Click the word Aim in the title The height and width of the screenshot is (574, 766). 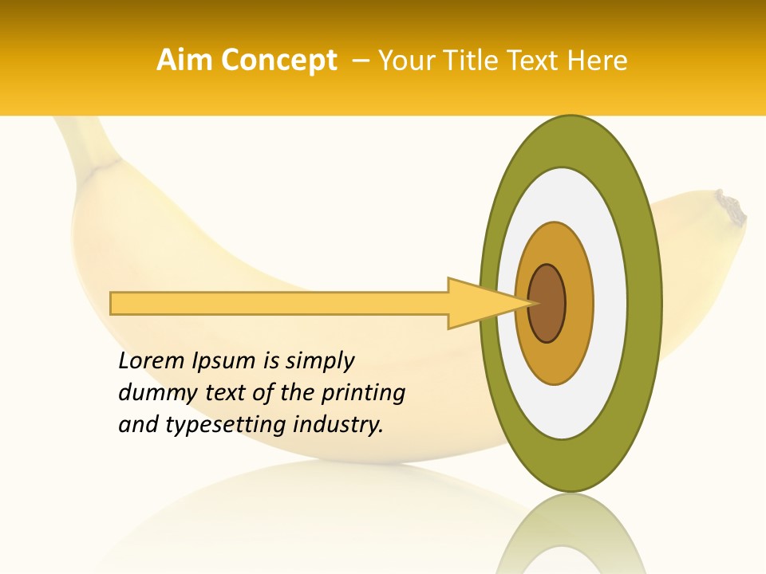184,61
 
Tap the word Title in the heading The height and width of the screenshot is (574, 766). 477,61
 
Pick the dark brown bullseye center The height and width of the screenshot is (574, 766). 547,304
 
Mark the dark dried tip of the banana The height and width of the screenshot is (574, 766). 732,209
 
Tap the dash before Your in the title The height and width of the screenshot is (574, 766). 360,61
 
